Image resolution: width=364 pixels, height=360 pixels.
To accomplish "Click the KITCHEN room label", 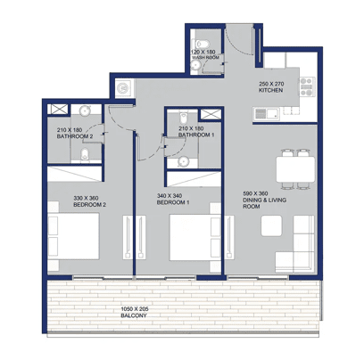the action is coord(270,90).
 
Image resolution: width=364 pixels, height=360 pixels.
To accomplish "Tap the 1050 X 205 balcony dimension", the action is coord(135,309).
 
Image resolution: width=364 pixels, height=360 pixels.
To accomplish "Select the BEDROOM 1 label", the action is coord(173,202).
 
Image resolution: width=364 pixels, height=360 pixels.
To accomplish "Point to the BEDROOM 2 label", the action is coord(90,205).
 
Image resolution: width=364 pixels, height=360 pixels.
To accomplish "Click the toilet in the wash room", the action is coord(203,44).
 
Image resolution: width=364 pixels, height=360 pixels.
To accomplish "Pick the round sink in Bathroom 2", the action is coord(85,110).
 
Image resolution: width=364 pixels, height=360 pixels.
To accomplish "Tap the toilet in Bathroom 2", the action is coord(85,153).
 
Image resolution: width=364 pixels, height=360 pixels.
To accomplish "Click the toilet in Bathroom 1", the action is coord(184,117).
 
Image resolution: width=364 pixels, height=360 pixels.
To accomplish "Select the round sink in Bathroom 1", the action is coord(184,161).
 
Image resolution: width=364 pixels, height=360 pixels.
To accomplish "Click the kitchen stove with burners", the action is coord(307,86).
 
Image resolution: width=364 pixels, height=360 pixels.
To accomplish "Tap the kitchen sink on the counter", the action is coord(267,114).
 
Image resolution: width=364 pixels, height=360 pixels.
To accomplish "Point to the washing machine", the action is coord(122,88).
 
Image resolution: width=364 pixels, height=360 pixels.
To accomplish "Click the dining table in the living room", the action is coord(295,169).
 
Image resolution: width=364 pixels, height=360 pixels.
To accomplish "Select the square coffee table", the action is coord(271,225).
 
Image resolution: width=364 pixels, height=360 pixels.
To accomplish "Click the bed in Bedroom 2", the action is coord(73,236).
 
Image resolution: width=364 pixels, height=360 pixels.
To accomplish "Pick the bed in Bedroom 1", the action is coord(194,237).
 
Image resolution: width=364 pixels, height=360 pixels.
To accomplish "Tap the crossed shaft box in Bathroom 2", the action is coord(58,109).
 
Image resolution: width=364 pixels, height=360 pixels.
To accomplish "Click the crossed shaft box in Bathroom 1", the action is coord(211,114).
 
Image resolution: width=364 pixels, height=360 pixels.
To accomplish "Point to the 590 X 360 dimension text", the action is coord(255,193).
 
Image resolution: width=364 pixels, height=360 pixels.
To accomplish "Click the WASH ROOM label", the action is coord(205,58).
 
